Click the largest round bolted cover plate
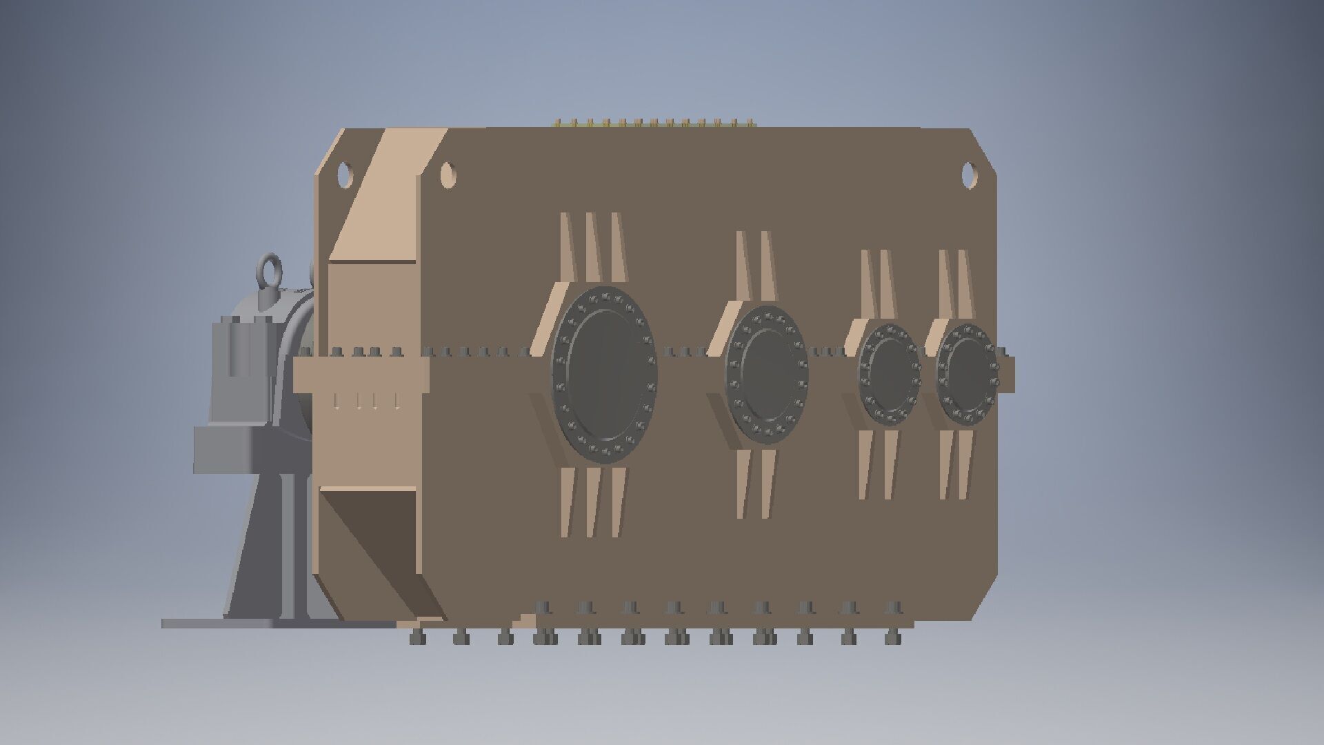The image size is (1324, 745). tap(604, 374)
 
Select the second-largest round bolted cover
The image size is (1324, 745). tap(767, 373)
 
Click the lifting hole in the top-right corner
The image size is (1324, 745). tap(969, 174)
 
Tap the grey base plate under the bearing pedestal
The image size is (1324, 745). tap(276, 623)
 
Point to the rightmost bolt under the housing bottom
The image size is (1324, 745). tap(894, 637)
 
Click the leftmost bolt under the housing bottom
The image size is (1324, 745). tap(418, 637)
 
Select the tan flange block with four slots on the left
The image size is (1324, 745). tap(361, 383)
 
